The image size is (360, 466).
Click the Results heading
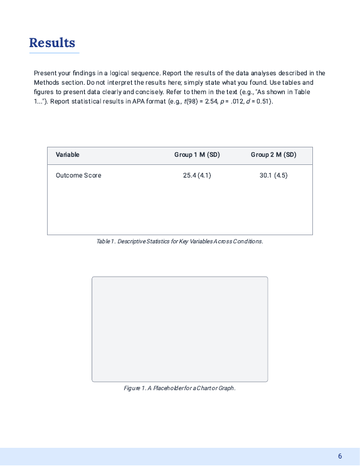coord(52,43)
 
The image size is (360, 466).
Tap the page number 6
coord(340,456)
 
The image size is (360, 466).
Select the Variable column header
coord(67,154)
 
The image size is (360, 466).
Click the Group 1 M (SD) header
coord(197,154)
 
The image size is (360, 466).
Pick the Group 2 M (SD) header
coord(273,154)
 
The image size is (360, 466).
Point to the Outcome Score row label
coord(78,175)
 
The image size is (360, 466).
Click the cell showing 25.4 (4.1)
coord(197,175)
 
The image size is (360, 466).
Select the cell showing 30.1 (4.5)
coord(273,175)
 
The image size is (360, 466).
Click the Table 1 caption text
coord(179,241)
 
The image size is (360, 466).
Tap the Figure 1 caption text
coord(179,388)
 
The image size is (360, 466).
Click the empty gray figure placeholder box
coord(179,329)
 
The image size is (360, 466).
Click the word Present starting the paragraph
coord(45,73)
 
